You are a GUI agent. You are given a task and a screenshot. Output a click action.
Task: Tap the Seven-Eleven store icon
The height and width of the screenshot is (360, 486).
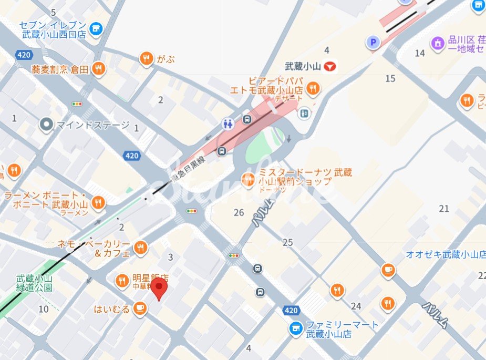click(96, 29)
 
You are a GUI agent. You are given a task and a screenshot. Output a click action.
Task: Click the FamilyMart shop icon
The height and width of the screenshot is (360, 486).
click(296, 329)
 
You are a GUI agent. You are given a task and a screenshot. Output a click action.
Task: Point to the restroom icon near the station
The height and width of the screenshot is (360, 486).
click(228, 124)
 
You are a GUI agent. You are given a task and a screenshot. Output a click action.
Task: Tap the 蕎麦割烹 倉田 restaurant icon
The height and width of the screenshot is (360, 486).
click(98, 68)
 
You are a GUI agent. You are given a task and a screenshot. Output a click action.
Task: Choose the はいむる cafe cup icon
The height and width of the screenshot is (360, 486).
click(139, 308)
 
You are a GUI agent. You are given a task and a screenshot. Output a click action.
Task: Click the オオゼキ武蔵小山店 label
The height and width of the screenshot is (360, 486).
click(445, 255)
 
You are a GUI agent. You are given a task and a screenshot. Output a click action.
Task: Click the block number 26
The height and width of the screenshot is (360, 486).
click(239, 213)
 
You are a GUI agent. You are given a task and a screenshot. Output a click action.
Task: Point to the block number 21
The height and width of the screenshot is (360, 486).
click(444, 209)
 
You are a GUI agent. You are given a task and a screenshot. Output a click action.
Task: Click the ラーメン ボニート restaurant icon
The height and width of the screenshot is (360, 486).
click(98, 202)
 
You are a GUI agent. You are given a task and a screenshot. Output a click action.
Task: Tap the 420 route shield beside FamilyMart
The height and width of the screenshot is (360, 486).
click(292, 311)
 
